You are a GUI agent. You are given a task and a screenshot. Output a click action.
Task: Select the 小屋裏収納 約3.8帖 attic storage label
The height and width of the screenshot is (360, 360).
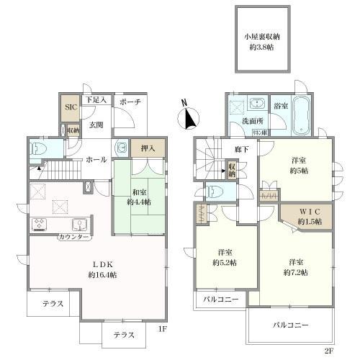tap(256, 41)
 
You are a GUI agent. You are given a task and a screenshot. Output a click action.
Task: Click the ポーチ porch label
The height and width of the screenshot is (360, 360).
tap(131, 102)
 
